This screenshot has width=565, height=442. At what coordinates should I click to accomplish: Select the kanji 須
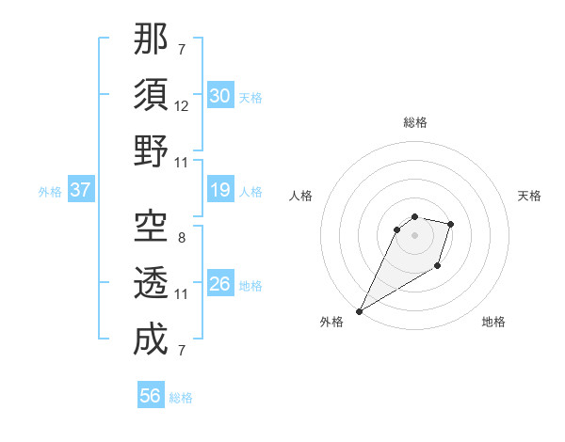[x=151, y=96]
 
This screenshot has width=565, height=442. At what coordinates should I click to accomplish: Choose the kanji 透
[x=151, y=281]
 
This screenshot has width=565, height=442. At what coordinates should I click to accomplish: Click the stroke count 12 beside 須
[x=182, y=107]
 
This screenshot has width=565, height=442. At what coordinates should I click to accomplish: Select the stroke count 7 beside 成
[x=181, y=351]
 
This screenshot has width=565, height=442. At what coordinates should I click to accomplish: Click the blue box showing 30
[x=220, y=96]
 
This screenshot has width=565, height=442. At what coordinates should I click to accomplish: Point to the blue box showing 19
[x=220, y=191]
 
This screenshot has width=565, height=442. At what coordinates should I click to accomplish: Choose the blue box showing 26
[x=220, y=284]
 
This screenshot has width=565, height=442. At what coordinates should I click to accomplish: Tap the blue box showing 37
[x=81, y=191]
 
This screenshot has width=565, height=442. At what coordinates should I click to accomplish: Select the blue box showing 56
[x=151, y=396]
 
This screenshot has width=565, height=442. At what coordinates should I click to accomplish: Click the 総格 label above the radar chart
[x=414, y=122]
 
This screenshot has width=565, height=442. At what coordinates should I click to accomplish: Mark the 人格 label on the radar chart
[x=301, y=196]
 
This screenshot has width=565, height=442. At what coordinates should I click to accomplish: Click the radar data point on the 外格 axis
[x=359, y=311]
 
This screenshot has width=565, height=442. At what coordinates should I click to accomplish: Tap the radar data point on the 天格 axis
[x=451, y=224]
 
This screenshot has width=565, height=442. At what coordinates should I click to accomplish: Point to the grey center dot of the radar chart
[x=414, y=235]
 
